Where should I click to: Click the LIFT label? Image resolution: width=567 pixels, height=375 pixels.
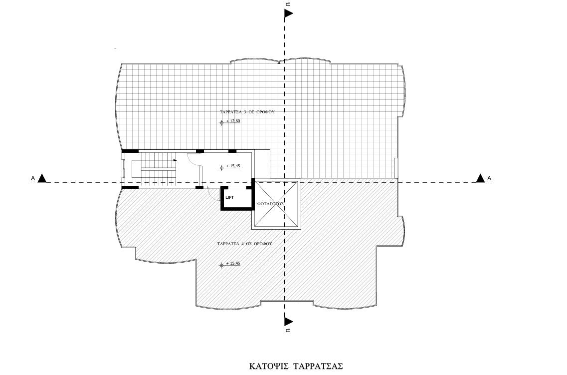pos(229,197)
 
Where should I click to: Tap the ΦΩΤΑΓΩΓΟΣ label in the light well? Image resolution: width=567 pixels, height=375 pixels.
pos(270,204)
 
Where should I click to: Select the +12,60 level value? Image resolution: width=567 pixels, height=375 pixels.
pos(233,121)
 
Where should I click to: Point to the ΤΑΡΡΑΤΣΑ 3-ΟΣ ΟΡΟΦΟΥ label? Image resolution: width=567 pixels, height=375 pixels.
pos(247,112)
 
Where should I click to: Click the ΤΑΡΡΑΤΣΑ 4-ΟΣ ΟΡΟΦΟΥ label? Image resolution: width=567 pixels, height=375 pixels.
pos(245,244)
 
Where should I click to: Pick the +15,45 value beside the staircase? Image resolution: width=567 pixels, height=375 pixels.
pos(233,166)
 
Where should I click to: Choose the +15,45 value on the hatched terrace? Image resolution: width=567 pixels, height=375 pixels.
pos(233,263)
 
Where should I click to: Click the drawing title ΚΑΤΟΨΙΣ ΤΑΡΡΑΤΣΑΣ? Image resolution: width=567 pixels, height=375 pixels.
pos(296,366)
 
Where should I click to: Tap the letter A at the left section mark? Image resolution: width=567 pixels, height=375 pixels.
pos(33,178)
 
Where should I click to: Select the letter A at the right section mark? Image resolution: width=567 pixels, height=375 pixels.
pos(489,178)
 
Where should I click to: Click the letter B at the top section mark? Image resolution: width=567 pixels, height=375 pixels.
pos(288,4)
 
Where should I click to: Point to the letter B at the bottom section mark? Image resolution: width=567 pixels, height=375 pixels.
pos(288,331)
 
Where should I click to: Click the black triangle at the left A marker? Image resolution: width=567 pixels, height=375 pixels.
pos(43,178)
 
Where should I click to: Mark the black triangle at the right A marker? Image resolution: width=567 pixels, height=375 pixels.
pos(480,178)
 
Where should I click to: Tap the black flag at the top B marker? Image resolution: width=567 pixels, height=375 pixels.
pos(288,14)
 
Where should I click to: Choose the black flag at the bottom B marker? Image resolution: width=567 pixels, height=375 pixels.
pos(288,321)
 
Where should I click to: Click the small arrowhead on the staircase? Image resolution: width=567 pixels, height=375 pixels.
pos(175,160)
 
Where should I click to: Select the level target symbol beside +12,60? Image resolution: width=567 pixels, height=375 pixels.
pos(222,123)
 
